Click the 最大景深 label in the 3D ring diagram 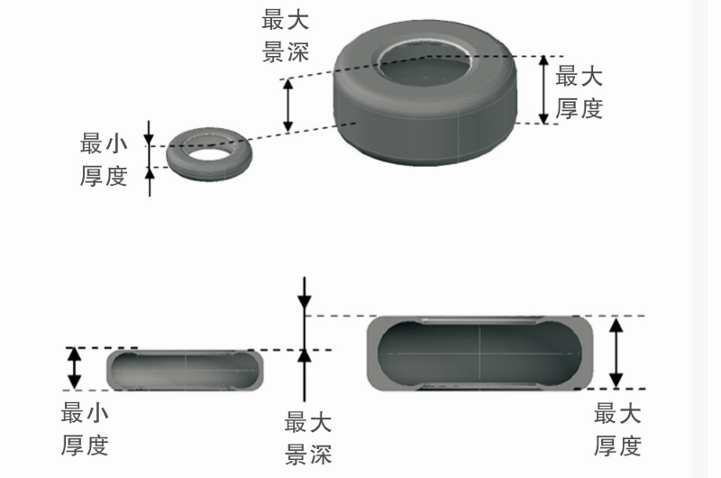click(286, 36)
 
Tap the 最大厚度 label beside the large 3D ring click(579, 92)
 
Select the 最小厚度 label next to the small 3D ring click(104, 159)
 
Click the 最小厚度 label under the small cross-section click(85, 429)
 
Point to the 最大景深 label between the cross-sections click(308, 437)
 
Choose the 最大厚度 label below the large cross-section click(617, 429)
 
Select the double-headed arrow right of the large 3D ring click(543, 88)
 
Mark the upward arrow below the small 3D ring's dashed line click(150, 180)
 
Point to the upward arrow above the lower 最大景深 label click(306, 374)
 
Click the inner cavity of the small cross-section click(186, 370)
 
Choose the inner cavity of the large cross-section click(479, 354)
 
